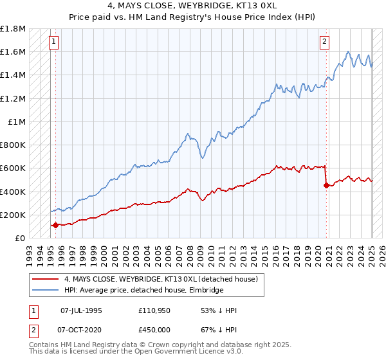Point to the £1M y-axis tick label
[16, 122]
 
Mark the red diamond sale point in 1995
[56, 225]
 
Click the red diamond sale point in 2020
[326, 186]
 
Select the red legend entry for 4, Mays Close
[161, 279]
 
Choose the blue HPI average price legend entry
[143, 291]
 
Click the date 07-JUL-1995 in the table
[81, 310]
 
